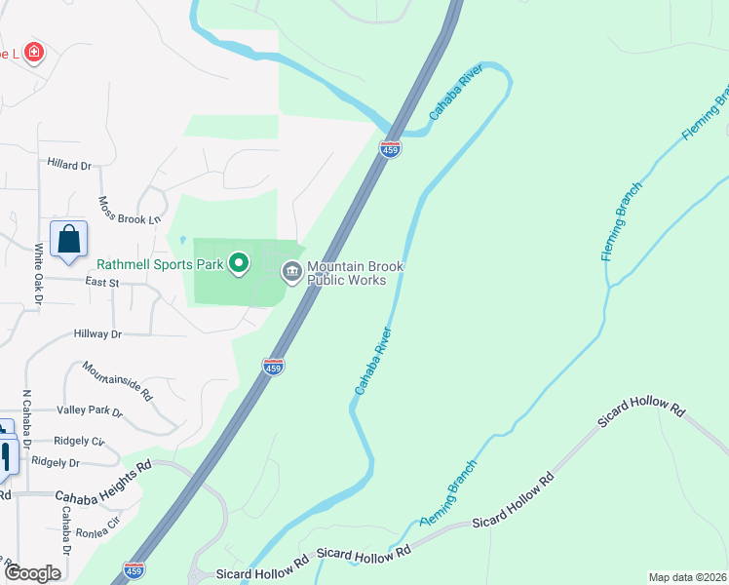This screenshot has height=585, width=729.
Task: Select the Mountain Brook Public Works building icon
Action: click(x=291, y=272)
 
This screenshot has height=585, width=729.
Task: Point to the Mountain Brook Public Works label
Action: click(x=355, y=273)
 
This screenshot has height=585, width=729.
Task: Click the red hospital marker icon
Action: click(x=34, y=52)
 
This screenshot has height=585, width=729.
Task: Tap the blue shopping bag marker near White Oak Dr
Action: click(x=69, y=240)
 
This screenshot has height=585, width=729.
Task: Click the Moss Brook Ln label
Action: click(x=129, y=211)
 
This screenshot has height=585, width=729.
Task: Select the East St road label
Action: click(x=101, y=282)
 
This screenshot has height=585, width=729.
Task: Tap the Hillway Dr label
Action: click(x=97, y=333)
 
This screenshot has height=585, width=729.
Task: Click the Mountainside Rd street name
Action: click(x=117, y=381)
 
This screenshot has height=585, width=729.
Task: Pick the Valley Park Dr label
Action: click(x=90, y=412)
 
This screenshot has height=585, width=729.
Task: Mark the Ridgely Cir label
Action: click(x=81, y=441)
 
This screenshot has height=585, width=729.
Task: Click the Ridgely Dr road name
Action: click(x=55, y=462)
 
